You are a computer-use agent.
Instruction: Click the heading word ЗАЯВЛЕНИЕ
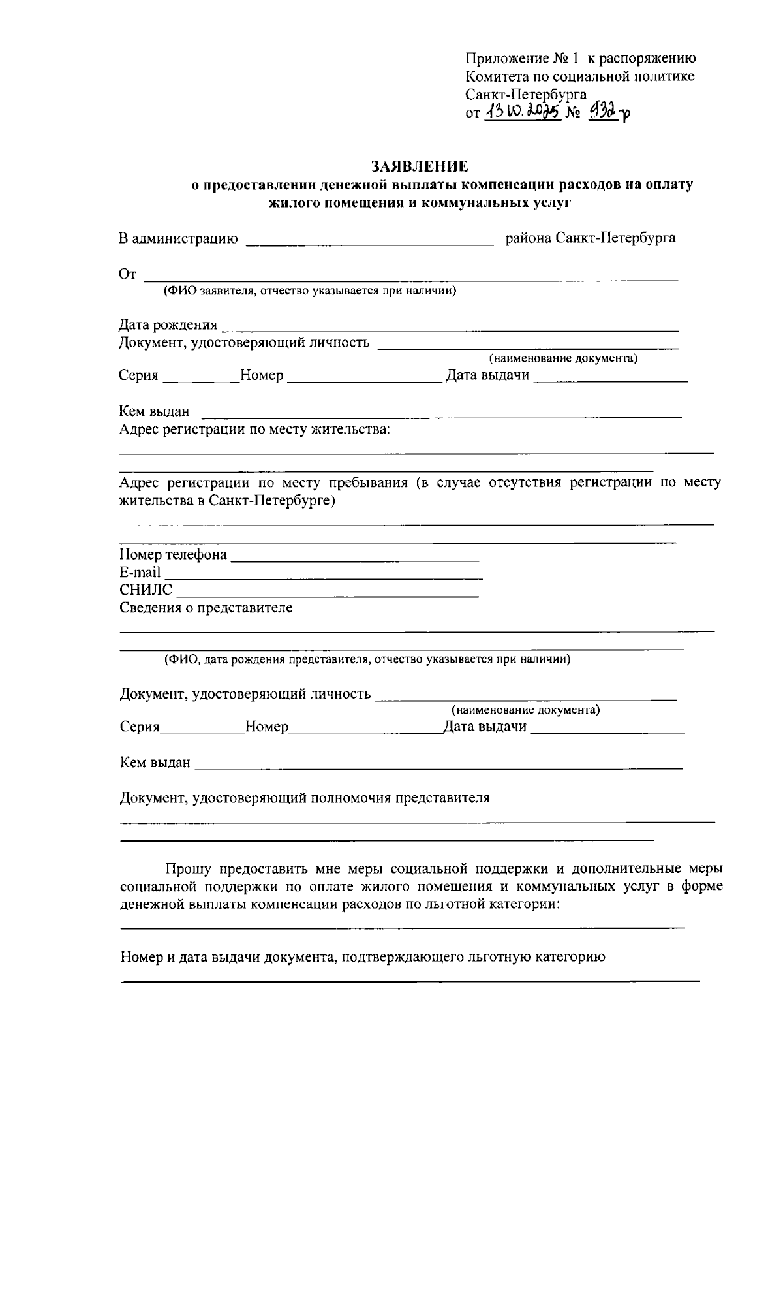(420, 166)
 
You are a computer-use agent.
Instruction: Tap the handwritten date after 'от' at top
(521, 113)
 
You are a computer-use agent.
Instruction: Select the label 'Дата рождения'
(168, 325)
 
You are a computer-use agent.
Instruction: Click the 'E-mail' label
(140, 573)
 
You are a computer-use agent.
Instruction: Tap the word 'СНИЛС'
(146, 590)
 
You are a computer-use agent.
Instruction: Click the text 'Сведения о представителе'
(206, 608)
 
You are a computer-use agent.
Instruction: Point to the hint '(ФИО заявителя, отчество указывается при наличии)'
(309, 291)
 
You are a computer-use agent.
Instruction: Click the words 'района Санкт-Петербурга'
(591, 238)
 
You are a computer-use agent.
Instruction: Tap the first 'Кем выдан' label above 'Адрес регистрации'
(154, 411)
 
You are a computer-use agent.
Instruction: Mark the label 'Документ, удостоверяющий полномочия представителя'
(304, 798)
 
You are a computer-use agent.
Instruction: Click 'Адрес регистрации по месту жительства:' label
(254, 430)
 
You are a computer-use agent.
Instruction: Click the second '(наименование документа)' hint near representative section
(526, 710)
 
